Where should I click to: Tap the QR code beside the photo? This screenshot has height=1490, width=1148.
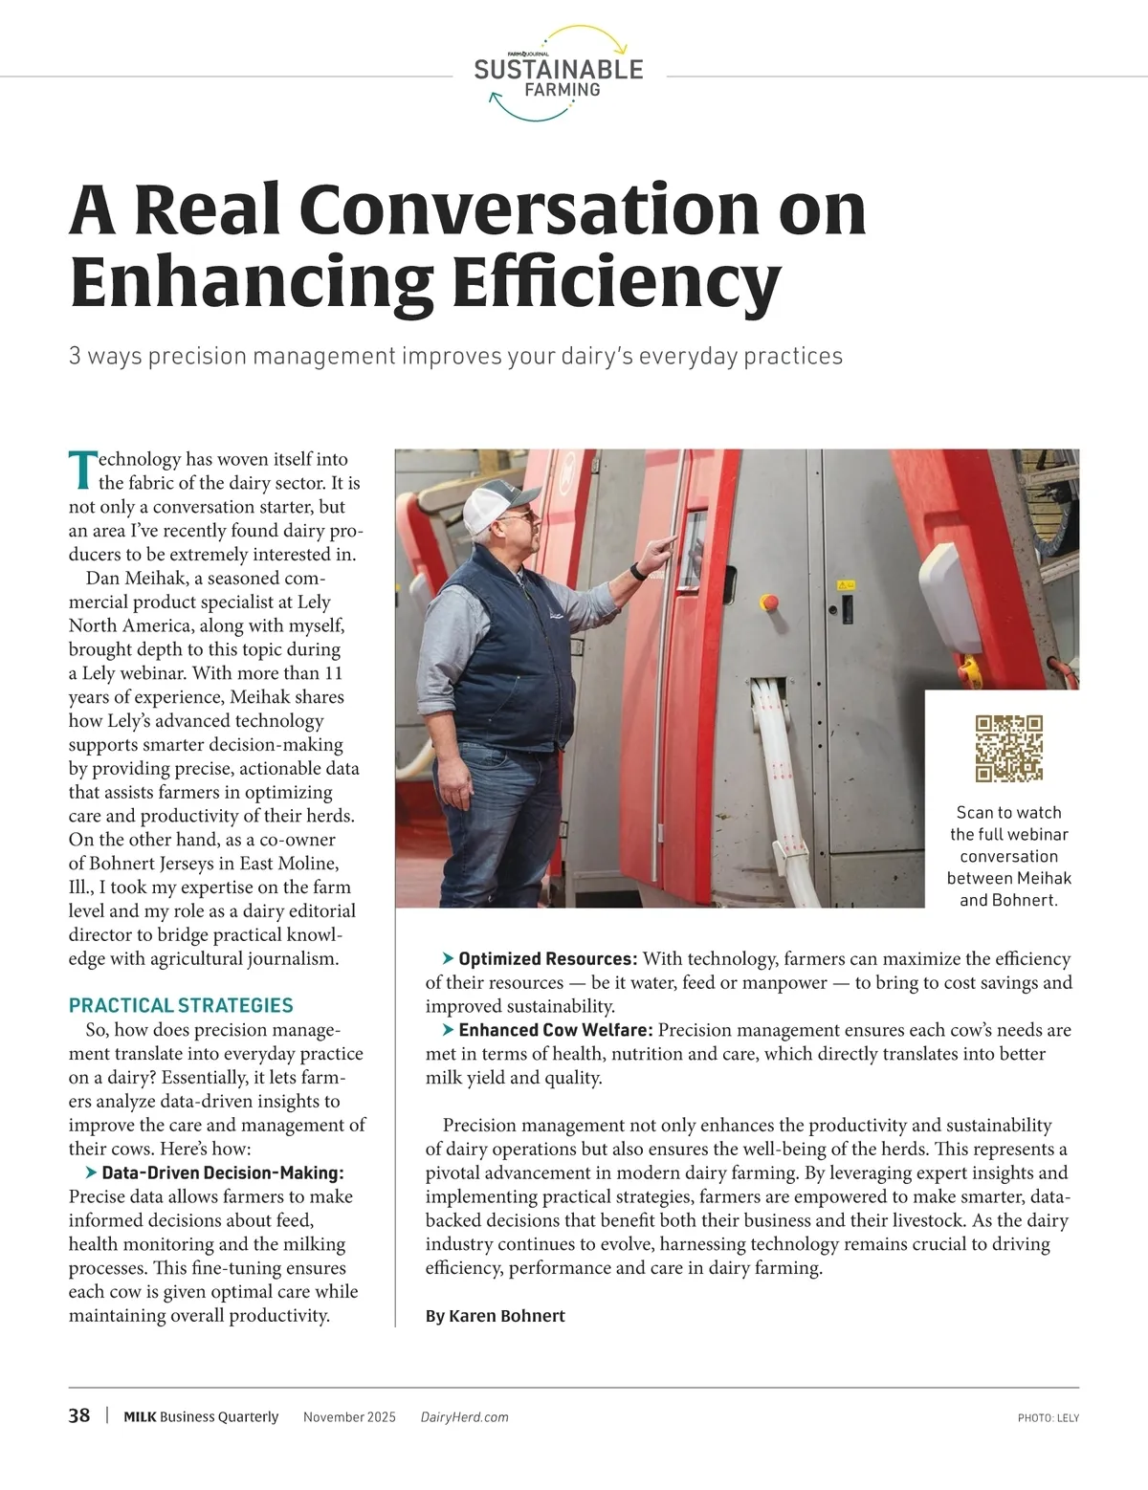click(1008, 748)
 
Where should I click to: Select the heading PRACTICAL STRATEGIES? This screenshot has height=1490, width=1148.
click(181, 1005)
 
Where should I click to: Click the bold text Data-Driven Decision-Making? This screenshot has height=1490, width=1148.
click(222, 1172)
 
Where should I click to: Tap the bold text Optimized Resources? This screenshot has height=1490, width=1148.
click(547, 958)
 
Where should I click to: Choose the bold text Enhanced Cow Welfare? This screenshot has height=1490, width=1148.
click(556, 1030)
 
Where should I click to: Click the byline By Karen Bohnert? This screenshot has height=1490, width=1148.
click(495, 1316)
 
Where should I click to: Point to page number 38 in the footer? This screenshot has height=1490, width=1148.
click(79, 1415)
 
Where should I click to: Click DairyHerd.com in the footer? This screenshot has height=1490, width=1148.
click(464, 1417)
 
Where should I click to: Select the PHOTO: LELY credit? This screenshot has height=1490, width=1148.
click(1048, 1418)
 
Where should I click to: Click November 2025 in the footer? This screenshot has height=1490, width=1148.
click(349, 1417)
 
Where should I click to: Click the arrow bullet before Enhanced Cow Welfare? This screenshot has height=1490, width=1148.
click(448, 1030)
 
